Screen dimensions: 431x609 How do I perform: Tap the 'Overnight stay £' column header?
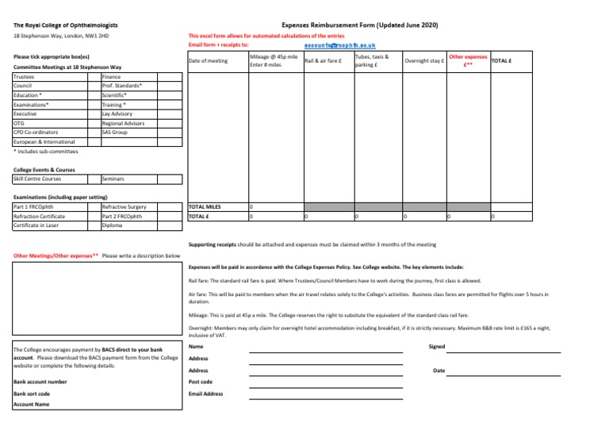pyautogui.click(x=423, y=61)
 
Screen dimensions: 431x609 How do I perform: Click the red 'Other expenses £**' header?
pyautogui.click(x=468, y=61)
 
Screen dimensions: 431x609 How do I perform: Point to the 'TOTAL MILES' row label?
pyautogui.click(x=205, y=206)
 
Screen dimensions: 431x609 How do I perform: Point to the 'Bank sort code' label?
pyautogui.click(x=33, y=393)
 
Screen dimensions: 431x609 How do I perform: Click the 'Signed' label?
pyautogui.click(x=436, y=347)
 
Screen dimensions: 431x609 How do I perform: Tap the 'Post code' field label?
pyautogui.click(x=201, y=382)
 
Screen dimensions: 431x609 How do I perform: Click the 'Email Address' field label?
pyautogui.click(x=206, y=394)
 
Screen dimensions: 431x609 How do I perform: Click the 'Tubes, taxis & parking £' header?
pyautogui.click(x=373, y=61)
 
